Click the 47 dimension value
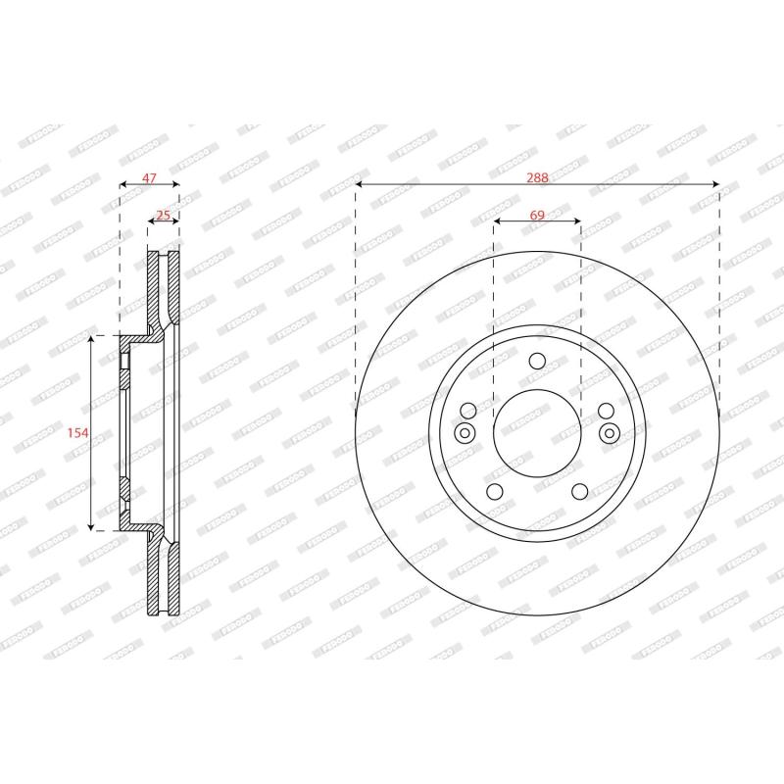(150, 177)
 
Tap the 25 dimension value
(164, 215)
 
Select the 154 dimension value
(78, 432)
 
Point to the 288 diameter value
(537, 177)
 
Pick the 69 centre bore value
(537, 215)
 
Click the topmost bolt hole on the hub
(537, 361)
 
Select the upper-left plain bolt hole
(468, 411)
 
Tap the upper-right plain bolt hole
(606, 411)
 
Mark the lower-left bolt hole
(495, 492)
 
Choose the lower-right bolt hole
(579, 492)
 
